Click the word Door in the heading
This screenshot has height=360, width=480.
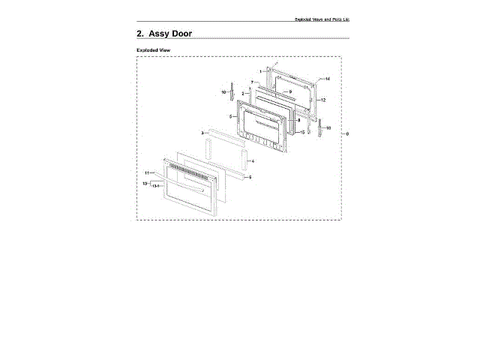coord(176,34)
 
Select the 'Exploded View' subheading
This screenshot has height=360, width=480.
coord(152,50)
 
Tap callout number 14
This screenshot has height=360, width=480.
coord(328,79)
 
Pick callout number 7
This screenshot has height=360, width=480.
coord(253,81)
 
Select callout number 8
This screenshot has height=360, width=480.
coord(298,121)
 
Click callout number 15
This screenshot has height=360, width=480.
coord(302,133)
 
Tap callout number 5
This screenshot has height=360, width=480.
coord(230,117)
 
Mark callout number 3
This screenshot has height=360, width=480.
coord(202,133)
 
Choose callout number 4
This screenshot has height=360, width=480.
coord(253,161)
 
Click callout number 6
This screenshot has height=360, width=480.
coord(250,177)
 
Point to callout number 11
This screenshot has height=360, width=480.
coord(148,173)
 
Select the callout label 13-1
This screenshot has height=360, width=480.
coord(156,186)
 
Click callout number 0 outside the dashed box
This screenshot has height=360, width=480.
coord(347,133)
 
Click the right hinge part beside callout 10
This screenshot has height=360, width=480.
coord(319,128)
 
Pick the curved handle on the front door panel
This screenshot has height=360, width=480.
coord(196,193)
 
